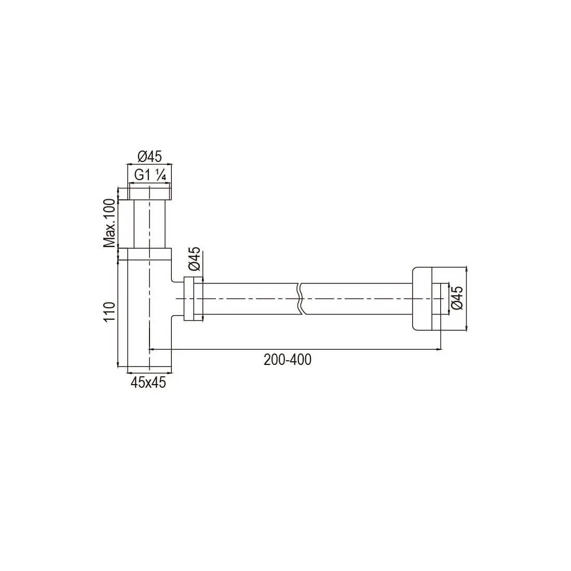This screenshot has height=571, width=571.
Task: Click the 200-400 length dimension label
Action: click(288, 360)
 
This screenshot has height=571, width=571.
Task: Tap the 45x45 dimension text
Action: click(148, 383)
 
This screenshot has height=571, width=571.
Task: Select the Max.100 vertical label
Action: click(109, 223)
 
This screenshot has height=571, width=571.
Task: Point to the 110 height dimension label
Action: click(110, 311)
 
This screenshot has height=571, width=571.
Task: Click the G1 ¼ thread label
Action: click(150, 175)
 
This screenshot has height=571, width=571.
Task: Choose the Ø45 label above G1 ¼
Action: click(149, 157)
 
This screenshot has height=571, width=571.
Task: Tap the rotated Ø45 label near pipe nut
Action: click(195, 259)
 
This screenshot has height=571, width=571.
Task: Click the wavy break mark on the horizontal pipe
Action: click(300, 298)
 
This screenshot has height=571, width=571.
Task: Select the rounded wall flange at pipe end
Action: click(422, 298)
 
